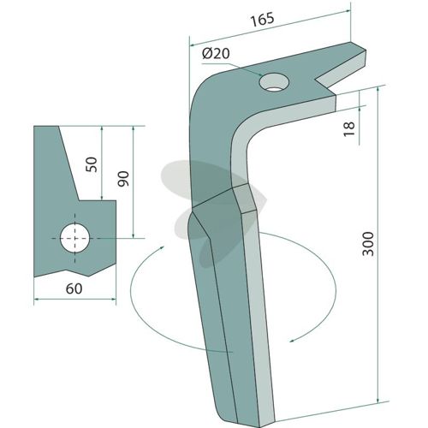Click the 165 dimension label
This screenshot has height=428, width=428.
click(262, 20)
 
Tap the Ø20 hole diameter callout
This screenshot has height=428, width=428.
click(216, 53)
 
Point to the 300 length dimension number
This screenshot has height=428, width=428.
click(368, 244)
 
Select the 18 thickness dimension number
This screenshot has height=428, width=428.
click(349, 129)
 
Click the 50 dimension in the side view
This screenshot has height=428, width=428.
click(92, 164)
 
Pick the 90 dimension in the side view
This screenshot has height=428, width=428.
click(123, 179)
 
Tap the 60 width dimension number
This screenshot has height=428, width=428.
click(74, 288)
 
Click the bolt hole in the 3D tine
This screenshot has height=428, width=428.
click(274, 82)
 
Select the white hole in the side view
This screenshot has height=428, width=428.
click(75, 238)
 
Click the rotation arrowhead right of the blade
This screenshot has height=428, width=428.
click(294, 341)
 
